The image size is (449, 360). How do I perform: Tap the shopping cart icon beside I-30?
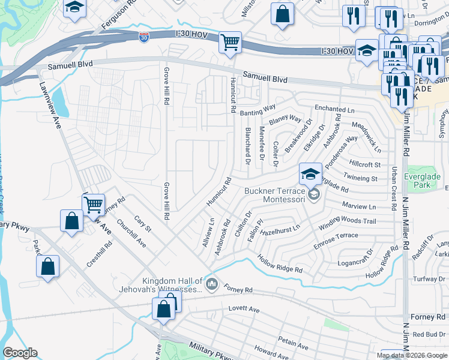pyautogui.click(x=230, y=43)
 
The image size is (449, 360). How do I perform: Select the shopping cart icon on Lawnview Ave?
pyautogui.click(x=93, y=205)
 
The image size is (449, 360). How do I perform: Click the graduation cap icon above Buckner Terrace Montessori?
pyautogui.click(x=310, y=174)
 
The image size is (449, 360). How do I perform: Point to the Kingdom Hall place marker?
pyautogui.click(x=211, y=283)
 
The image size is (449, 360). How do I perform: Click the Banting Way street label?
pyautogui.click(x=258, y=110)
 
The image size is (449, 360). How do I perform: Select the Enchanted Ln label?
pyautogui.click(x=334, y=109)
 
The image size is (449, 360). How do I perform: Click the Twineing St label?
pyautogui.click(x=360, y=178)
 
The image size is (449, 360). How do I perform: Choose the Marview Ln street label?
pyautogui.click(x=358, y=206)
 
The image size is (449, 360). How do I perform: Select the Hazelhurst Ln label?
pyautogui.click(x=280, y=228)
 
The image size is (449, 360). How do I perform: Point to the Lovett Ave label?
pyautogui.click(x=244, y=310)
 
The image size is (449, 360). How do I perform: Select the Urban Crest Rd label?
pyautogui.click(x=394, y=188)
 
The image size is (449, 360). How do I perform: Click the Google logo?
pyautogui.click(x=20, y=353)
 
